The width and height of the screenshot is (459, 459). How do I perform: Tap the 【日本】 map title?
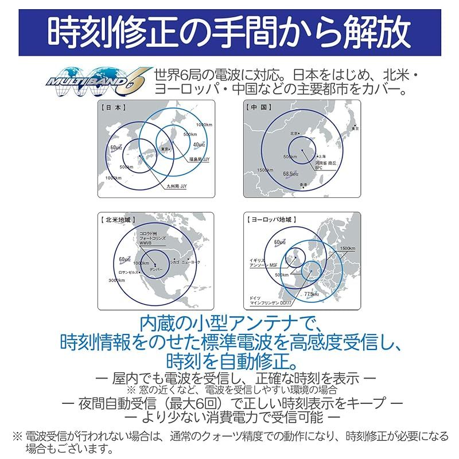(113, 107)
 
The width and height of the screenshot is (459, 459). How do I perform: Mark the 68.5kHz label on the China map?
(290, 173)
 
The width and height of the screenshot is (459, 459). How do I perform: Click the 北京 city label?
(295, 134)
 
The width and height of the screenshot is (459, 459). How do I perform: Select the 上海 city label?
(322, 157)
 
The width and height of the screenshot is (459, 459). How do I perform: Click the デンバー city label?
(155, 269)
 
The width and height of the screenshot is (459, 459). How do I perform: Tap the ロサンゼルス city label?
(127, 273)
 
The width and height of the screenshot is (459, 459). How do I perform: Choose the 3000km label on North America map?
(117, 280)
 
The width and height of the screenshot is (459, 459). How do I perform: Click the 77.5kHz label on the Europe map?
(312, 294)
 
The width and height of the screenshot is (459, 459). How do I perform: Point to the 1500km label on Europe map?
(348, 248)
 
